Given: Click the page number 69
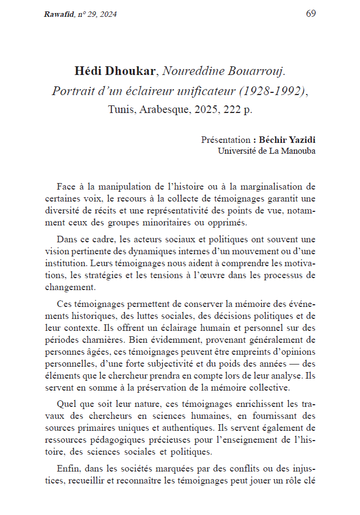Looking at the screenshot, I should (311, 14).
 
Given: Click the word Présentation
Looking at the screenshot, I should (225, 140).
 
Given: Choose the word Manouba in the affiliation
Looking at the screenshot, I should (297, 151).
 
